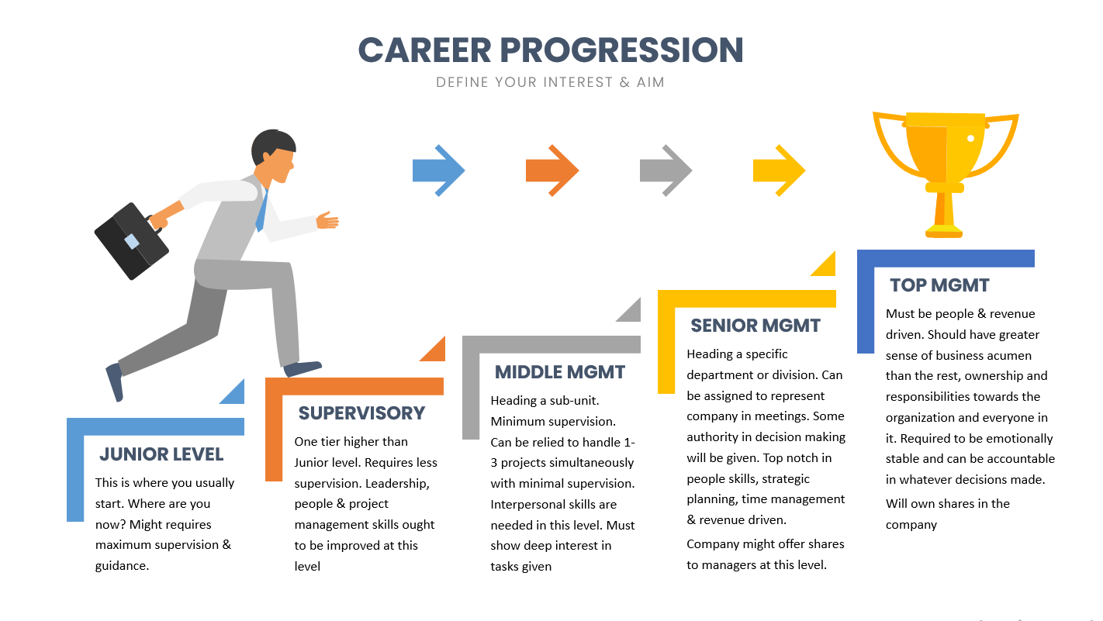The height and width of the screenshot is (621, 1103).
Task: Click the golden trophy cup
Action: pos(945,167)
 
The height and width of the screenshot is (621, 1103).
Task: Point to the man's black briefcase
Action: pos(131,241)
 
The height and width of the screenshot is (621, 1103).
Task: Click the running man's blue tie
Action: pos(262,211)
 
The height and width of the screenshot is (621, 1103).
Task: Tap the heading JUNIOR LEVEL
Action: pos(161,454)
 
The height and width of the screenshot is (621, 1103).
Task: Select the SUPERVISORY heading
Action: pos(361,413)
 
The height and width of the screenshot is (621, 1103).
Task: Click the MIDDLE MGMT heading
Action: pos(560,372)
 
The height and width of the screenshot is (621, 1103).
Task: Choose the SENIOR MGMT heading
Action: pos(756,326)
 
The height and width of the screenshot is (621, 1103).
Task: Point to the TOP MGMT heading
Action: pos(939,285)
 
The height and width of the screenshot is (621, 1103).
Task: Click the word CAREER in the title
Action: pos(425,50)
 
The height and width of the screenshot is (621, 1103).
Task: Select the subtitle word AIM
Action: pos(650,82)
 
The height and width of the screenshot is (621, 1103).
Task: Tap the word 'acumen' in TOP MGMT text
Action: pos(1008,355)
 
